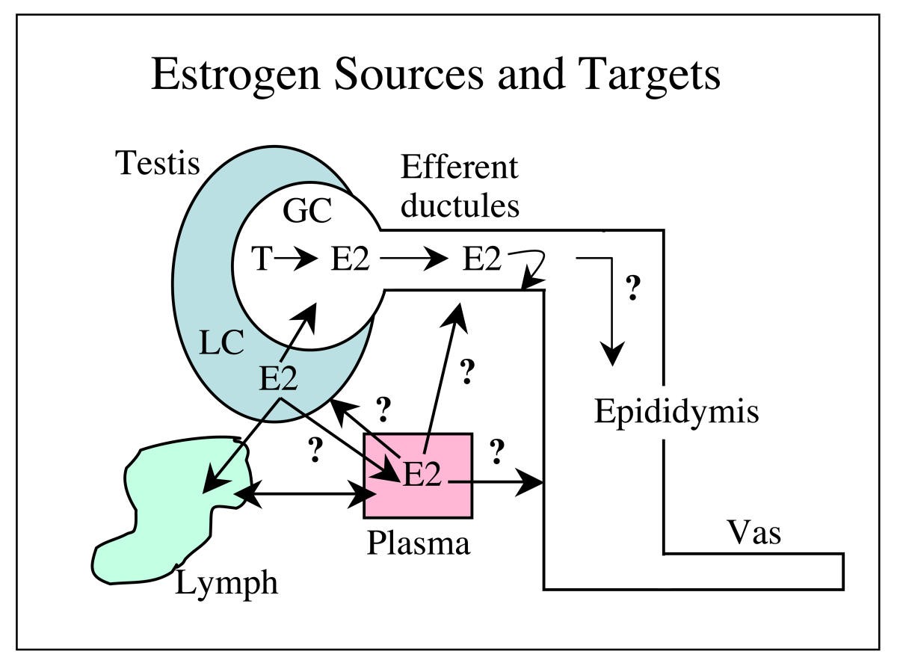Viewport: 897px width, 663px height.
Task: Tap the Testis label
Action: pyautogui.click(x=158, y=162)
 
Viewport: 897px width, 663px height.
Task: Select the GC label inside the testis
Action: pyautogui.click(x=306, y=213)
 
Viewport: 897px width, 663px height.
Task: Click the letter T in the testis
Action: pyautogui.click(x=261, y=260)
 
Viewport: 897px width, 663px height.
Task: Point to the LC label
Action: pyautogui.click(x=222, y=343)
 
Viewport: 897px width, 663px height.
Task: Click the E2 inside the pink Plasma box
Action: pyautogui.click(x=422, y=475)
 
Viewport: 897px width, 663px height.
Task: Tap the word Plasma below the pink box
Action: pyautogui.click(x=419, y=543)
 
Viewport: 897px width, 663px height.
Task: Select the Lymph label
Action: pyautogui.click(x=226, y=583)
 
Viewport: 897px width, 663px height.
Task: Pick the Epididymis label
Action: pyautogui.click(x=676, y=412)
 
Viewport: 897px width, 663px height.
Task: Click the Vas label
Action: pyautogui.click(x=753, y=534)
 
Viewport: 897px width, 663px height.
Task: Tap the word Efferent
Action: pyautogui.click(x=459, y=167)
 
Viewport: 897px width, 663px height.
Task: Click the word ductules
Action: pyautogui.click(x=459, y=205)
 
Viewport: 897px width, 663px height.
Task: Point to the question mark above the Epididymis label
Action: pyautogui.click(x=632, y=289)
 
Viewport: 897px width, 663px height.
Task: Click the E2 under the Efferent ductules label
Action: pyautogui.click(x=481, y=260)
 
